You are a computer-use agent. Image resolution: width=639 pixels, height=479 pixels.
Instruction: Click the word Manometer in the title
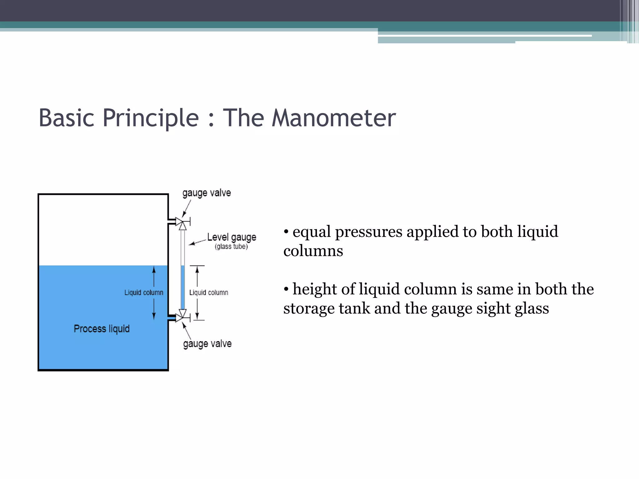[x=333, y=118]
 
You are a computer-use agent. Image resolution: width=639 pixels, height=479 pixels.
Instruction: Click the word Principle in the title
[x=150, y=118]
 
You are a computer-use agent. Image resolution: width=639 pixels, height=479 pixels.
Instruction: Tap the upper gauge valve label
[x=207, y=193]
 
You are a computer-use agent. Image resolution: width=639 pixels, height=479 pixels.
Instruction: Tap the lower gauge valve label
[x=207, y=344]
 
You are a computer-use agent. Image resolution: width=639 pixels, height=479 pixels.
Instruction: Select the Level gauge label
[x=232, y=237]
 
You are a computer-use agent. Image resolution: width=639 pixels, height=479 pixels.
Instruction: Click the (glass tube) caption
[x=231, y=247]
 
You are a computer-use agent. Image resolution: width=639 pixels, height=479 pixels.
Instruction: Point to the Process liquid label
[x=101, y=329]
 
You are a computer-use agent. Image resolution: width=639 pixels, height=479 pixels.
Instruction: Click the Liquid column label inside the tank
[x=144, y=293]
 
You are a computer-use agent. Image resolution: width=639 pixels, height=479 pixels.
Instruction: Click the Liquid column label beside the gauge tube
[x=208, y=293]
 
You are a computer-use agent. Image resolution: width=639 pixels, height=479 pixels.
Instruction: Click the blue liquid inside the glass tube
[x=183, y=287]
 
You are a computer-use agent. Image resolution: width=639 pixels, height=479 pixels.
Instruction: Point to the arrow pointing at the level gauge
[x=197, y=242]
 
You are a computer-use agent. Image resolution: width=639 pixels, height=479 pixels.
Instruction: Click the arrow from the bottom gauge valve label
[x=186, y=331]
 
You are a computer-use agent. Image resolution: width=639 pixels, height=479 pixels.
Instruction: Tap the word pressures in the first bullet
[x=368, y=232]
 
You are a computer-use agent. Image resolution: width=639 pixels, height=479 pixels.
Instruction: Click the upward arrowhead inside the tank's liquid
[x=154, y=270]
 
